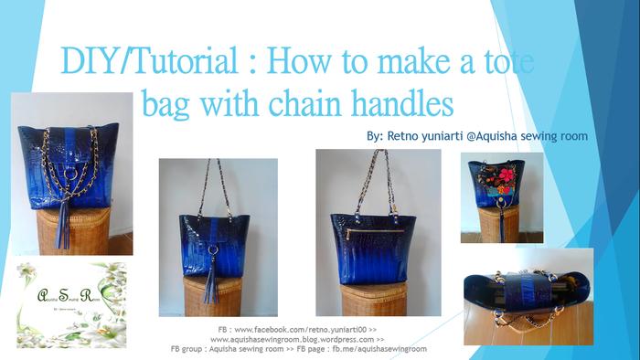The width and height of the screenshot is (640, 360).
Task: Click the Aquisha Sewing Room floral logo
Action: pos(71,304)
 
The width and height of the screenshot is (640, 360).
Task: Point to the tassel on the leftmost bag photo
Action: pos(65,223)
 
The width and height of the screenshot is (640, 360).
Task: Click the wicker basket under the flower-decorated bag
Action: pos(497,224)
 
